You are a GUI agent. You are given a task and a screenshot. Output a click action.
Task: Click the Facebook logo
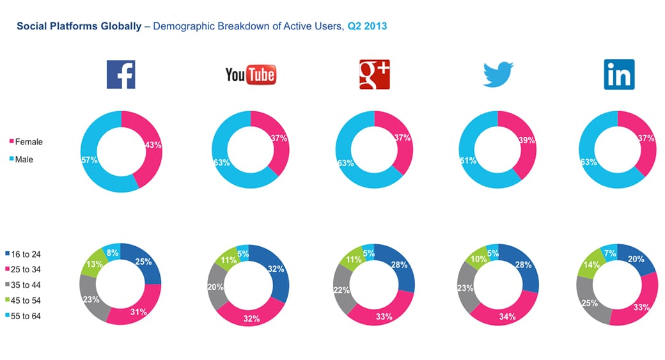121,74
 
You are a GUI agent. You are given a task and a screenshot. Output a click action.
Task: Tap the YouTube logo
250,75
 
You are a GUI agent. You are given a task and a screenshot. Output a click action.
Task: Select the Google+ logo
374,74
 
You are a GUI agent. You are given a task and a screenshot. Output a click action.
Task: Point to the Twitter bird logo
498,74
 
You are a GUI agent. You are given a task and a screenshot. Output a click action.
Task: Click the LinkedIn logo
619,74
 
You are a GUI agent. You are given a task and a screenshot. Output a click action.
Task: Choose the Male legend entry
24,160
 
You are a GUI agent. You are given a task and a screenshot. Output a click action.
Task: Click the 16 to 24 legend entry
26,254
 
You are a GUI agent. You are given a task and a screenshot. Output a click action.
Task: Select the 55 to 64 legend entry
26,316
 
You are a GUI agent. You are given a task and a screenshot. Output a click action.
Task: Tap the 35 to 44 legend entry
26,285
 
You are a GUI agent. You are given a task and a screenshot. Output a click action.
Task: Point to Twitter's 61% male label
468,160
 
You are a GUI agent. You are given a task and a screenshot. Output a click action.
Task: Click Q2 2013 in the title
366,27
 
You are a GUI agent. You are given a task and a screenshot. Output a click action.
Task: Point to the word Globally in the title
118,27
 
